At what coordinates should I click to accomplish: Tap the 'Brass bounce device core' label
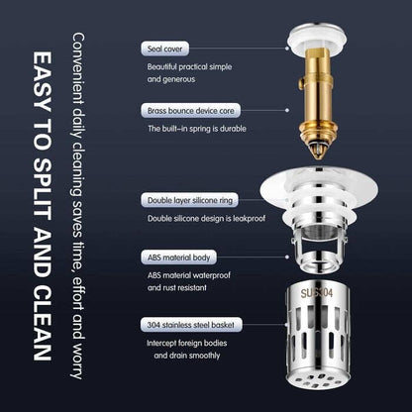(184, 112)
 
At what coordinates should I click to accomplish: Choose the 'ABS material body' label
(174, 257)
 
